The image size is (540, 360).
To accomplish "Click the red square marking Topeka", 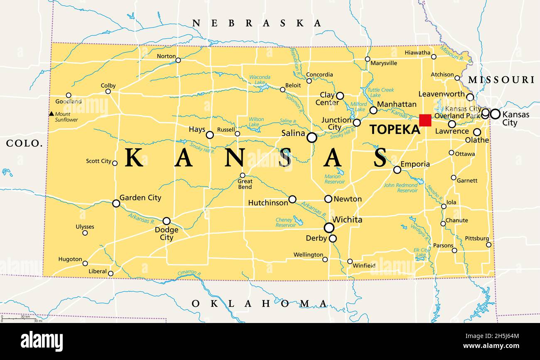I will tap(425, 121).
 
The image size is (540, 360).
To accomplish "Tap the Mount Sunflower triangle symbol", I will tap(52, 113).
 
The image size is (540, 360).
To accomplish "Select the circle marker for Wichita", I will tap(329, 227).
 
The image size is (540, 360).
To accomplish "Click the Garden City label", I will tap(140, 198).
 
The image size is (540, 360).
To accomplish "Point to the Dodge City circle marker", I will tap(166, 221).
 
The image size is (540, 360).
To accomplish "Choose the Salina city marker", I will tap(312, 138).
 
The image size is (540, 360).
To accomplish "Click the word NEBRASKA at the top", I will tap(257, 23).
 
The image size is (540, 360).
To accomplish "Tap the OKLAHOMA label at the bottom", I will tap(259, 304).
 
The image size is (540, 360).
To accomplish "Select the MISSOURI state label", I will tap(501, 80).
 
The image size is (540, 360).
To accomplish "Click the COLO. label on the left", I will tap(25, 144).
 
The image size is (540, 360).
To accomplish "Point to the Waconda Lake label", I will tap(260, 80).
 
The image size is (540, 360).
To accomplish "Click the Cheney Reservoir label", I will tap(286, 222).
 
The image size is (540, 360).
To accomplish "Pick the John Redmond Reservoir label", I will tap(400, 188).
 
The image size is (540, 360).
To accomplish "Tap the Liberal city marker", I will tap(110, 273).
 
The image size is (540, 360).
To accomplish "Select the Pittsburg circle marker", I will tap(488, 244).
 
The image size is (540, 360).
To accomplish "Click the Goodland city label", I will tap(69, 101).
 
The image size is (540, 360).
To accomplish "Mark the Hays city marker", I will tap(210, 135).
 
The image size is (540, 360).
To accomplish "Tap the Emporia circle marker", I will tap(397, 170).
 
